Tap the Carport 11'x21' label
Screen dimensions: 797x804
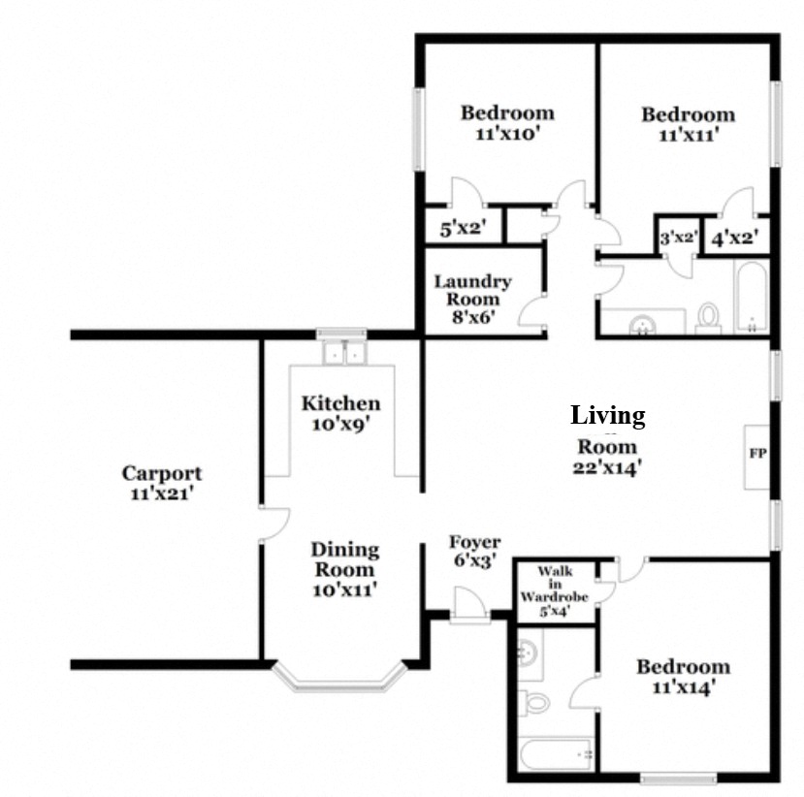click(162, 483)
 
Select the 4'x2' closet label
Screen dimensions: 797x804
click(733, 238)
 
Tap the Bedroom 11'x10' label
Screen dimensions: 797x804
click(506, 123)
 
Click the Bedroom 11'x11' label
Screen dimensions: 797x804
click(688, 124)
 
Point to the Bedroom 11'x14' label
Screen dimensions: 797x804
click(683, 677)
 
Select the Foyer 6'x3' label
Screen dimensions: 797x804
click(474, 551)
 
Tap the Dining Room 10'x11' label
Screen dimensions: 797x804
click(344, 568)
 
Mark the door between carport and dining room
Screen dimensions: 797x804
click(272, 525)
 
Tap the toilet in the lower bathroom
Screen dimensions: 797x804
click(533, 701)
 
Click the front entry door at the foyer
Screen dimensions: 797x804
click(471, 610)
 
